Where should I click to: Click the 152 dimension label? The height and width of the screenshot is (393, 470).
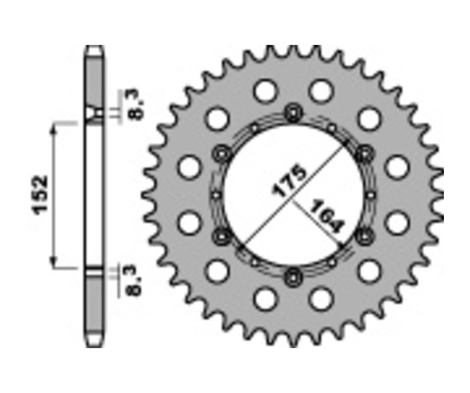40,194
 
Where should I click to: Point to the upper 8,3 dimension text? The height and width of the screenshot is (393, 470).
135,106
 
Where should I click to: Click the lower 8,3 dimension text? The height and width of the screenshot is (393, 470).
135,281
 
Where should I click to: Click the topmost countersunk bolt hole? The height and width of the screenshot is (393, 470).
292,112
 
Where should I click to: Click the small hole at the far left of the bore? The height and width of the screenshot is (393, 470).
215,194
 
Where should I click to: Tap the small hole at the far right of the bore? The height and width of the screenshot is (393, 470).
370,194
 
